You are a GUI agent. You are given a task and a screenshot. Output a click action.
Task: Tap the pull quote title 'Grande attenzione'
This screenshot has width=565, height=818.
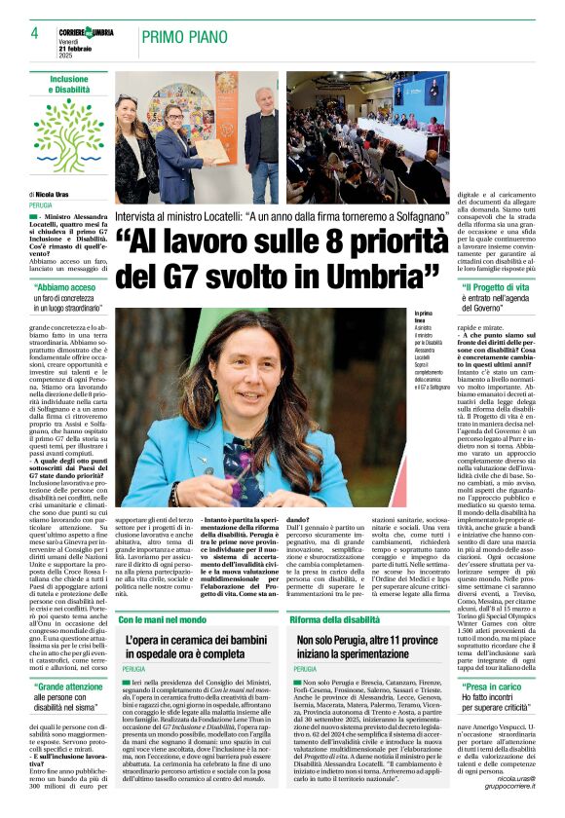pyautogui.click(x=72, y=688)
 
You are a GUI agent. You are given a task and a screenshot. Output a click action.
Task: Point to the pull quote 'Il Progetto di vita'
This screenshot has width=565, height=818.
pyautogui.click(x=496, y=288)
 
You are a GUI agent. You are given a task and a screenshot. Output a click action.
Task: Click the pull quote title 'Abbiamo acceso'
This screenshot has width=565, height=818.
pyautogui.click(x=68, y=287)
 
